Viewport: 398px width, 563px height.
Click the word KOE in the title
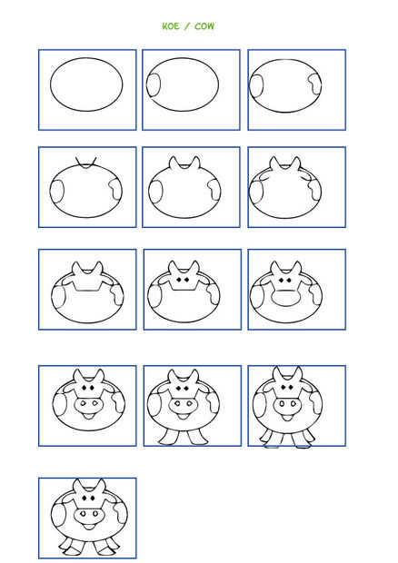tap(171, 26)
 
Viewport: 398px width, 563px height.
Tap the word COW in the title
tap(204, 26)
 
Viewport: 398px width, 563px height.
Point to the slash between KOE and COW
tap(187, 26)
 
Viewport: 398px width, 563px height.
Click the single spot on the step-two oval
tap(153, 85)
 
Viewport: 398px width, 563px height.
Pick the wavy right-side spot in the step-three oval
tap(314, 84)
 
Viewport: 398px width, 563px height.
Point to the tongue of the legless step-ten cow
tap(88, 417)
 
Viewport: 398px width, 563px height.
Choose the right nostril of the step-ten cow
tap(95, 403)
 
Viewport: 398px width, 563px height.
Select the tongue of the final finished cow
tap(89, 527)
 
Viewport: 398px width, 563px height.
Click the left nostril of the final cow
tap(83, 514)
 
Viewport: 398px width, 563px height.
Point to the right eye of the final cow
tap(92, 499)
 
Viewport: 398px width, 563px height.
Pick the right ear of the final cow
tap(101, 486)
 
